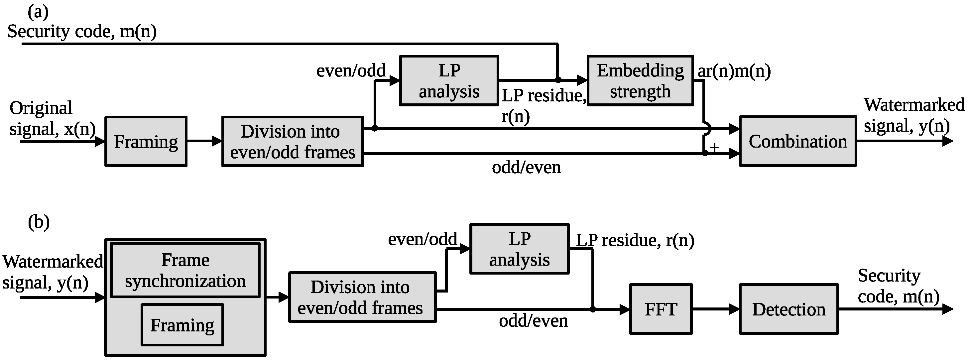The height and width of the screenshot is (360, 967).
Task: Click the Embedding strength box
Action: point(640,81)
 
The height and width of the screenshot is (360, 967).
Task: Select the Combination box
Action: point(798,141)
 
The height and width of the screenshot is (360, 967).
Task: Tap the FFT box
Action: point(661,309)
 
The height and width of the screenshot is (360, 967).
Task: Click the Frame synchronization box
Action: point(185,270)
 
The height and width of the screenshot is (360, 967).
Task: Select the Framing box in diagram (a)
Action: point(146,142)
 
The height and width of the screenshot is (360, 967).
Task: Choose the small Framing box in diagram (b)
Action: point(182,325)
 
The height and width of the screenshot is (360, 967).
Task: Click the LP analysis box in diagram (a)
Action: point(449,81)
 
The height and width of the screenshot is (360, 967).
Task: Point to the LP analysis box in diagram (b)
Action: point(519,249)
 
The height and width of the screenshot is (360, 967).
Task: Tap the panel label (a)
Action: point(38,12)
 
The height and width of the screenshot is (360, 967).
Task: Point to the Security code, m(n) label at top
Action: point(82,31)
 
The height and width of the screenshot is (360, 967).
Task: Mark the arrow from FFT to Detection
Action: point(715,309)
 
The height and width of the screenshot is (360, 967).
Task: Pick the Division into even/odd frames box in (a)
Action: point(293,142)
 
